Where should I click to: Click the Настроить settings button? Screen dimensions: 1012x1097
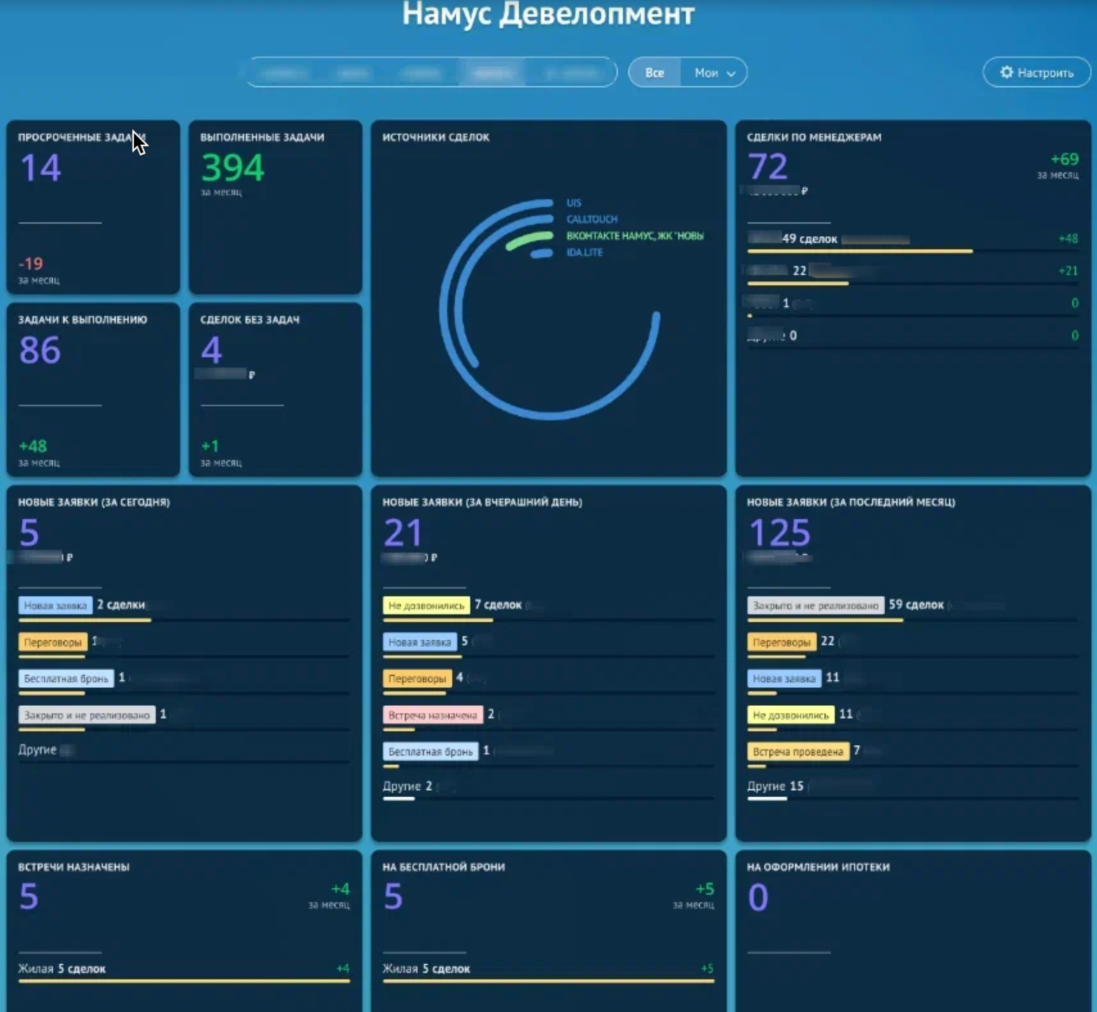pyautogui.click(x=1036, y=73)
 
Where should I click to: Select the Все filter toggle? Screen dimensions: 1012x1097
pyautogui.click(x=654, y=73)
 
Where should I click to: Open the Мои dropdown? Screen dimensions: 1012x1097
pyautogui.click(x=714, y=73)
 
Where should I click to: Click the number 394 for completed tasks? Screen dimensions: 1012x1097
pyautogui.click(x=233, y=168)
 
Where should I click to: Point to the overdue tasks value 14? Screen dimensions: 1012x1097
pyautogui.click(x=41, y=168)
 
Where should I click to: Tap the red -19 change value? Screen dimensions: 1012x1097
pyautogui.click(x=31, y=263)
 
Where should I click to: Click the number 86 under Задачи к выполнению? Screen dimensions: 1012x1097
pyautogui.click(x=40, y=350)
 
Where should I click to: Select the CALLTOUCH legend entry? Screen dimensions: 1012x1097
pyautogui.click(x=591, y=219)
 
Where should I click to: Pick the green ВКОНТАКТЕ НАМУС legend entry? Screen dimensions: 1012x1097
pyautogui.click(x=634, y=236)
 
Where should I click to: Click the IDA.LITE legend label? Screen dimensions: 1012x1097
pyautogui.click(x=584, y=253)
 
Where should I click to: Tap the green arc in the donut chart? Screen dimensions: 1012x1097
pyautogui.click(x=529, y=241)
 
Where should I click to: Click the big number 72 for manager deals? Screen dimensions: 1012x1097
pyautogui.click(x=767, y=167)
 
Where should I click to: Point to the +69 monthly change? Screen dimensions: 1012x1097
pyautogui.click(x=1064, y=159)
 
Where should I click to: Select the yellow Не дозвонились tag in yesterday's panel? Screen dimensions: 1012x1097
pyautogui.click(x=426, y=605)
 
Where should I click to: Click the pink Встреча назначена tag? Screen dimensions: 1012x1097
pyautogui.click(x=432, y=714)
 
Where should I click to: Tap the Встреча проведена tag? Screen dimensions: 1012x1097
pyautogui.click(x=797, y=752)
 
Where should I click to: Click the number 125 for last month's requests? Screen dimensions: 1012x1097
pyautogui.click(x=779, y=533)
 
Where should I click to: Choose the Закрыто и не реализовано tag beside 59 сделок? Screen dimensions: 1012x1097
pyautogui.click(x=815, y=605)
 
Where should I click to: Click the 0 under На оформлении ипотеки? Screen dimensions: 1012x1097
pyautogui.click(x=757, y=897)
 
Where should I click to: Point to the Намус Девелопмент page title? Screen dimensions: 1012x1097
pyautogui.click(x=548, y=14)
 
